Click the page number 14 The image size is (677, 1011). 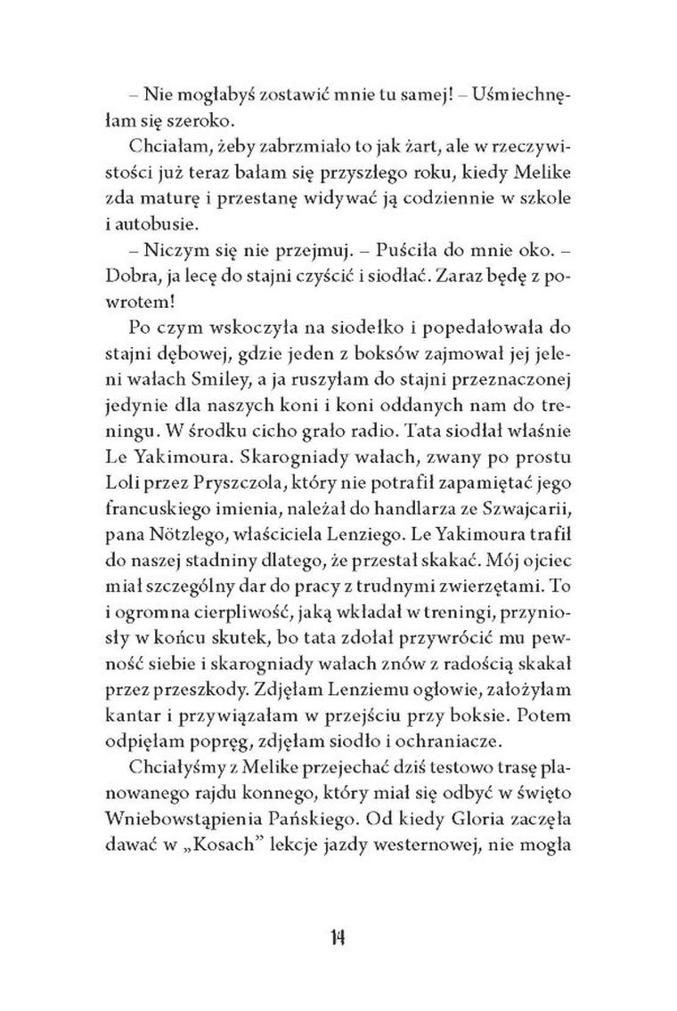click(338, 937)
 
